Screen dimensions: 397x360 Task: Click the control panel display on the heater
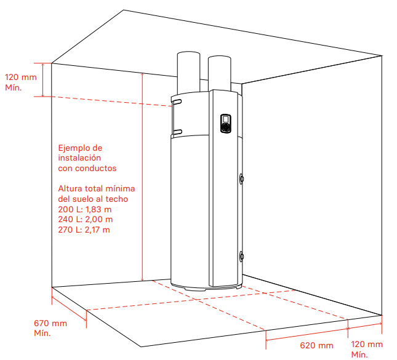226,123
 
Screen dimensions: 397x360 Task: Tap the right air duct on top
220,73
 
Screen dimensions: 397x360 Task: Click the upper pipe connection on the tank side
241,178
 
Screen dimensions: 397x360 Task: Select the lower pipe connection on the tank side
241,256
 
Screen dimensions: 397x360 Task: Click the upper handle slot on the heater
177,102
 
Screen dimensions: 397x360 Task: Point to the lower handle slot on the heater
177,132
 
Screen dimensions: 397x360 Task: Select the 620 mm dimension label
316,345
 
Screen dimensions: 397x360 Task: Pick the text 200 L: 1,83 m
85,209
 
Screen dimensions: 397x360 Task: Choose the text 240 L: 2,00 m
86,219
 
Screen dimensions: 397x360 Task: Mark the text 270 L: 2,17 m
84,230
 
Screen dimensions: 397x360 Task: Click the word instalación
79,158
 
